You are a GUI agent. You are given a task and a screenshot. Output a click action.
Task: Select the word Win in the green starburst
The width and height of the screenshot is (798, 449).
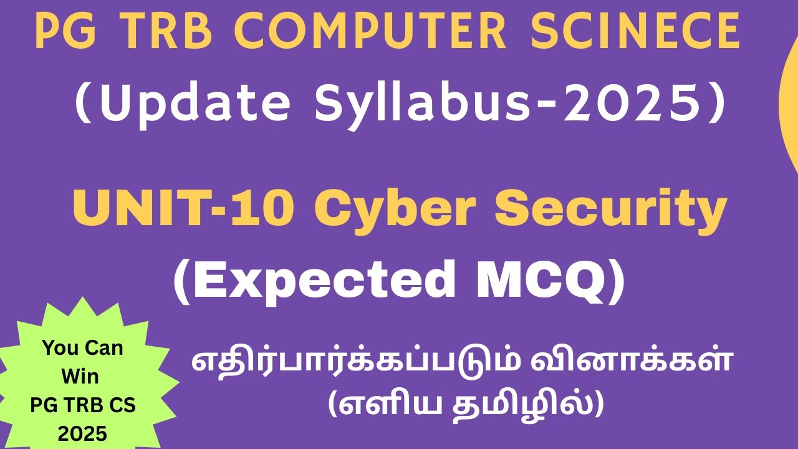tap(81, 377)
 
